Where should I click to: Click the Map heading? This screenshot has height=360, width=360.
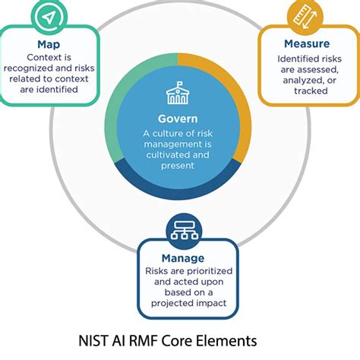click(49, 44)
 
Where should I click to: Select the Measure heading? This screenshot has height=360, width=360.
click(307, 43)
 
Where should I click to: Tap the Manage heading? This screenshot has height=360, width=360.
click(183, 258)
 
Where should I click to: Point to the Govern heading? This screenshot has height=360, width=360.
click(178, 119)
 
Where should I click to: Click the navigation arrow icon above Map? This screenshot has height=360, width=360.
click(49, 17)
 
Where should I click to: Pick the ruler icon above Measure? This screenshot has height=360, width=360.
click(305, 17)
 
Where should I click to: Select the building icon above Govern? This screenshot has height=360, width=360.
click(178, 93)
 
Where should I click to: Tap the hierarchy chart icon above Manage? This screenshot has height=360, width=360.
click(184, 231)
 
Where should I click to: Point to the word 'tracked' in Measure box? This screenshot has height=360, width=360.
click(311, 91)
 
